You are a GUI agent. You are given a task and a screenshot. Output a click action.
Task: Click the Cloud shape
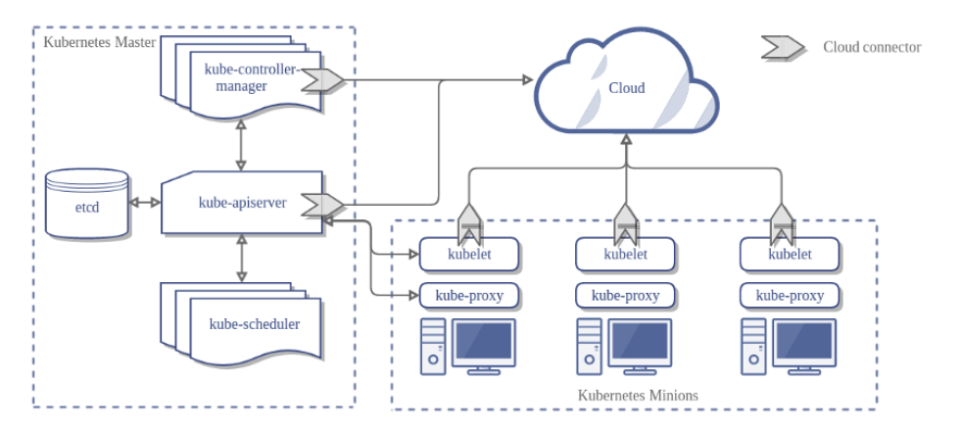tap(627, 88)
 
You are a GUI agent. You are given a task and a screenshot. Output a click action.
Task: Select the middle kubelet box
tap(624, 255)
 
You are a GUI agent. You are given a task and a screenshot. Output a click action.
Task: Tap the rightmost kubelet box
tap(789, 255)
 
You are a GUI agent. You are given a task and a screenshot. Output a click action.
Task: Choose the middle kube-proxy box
tap(624, 294)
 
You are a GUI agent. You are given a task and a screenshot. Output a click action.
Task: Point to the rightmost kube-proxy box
tap(789, 294)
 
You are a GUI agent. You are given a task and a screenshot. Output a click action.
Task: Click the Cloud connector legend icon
tap(784, 47)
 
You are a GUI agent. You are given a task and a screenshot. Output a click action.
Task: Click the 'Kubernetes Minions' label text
tap(638, 395)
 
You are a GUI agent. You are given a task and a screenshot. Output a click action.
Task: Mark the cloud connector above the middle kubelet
tap(624, 224)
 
